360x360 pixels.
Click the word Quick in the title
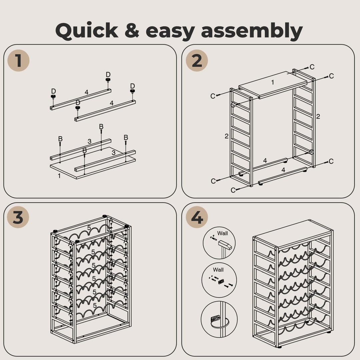click(x=86, y=31)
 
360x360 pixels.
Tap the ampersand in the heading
click(x=132, y=31)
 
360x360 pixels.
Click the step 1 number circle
click(x=18, y=61)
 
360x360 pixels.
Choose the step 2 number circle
click(x=197, y=61)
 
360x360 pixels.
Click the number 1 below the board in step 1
click(x=59, y=176)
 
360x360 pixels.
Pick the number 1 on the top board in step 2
click(x=272, y=82)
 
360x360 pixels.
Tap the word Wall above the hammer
click(x=222, y=233)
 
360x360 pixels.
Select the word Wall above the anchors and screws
click(x=218, y=270)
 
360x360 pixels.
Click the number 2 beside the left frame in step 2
click(x=226, y=136)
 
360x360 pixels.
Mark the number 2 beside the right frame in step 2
click(x=318, y=116)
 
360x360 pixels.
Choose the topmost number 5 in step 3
click(x=89, y=228)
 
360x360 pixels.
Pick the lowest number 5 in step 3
click(x=95, y=305)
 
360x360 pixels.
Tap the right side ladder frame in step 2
click(x=304, y=120)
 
